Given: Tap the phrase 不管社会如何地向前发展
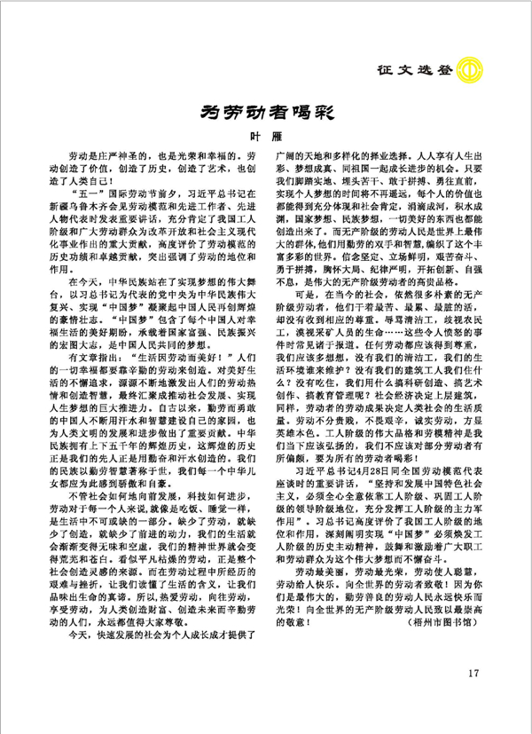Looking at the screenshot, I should [x=125, y=535].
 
